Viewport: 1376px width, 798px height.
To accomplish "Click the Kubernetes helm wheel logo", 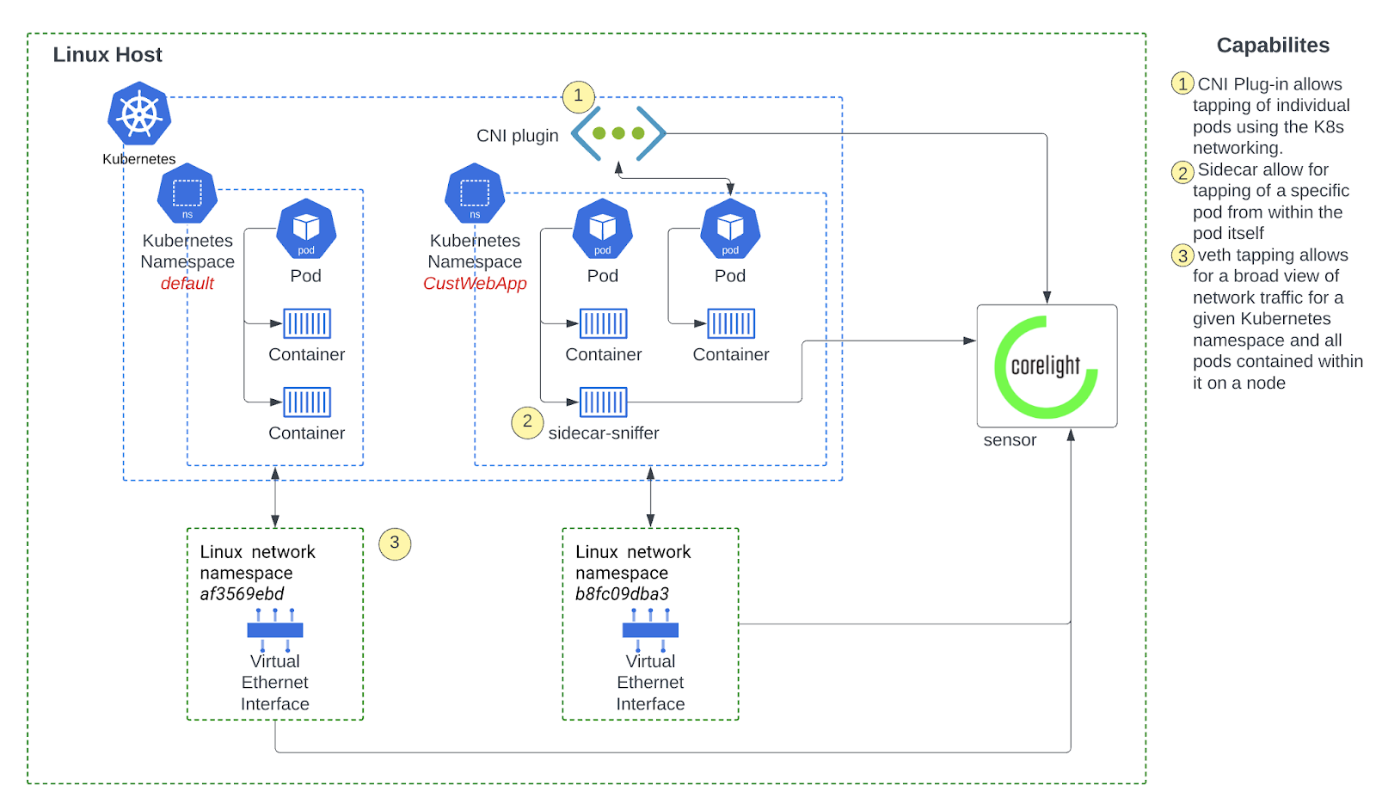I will click(139, 114).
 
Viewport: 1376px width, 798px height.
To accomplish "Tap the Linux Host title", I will click(107, 55).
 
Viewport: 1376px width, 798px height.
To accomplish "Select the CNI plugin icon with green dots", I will click(618, 133).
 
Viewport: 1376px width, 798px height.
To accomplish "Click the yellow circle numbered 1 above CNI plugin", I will click(578, 95).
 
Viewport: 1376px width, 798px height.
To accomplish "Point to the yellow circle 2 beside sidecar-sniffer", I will click(527, 421).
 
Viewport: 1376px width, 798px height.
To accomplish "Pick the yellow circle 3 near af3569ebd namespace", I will click(395, 543).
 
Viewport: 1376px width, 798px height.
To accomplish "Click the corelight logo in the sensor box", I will click(1047, 366).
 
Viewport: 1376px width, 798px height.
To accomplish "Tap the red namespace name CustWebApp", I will click(475, 284).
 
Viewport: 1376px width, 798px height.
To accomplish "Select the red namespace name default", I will click(187, 284).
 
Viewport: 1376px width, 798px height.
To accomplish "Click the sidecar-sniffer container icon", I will click(603, 402).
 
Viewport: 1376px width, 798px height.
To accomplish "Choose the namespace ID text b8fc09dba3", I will click(622, 594).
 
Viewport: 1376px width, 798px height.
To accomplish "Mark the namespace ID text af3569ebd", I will click(242, 594).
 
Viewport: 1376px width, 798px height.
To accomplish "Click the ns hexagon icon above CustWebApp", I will click(475, 194).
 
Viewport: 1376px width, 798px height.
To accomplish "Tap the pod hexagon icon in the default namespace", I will click(306, 229).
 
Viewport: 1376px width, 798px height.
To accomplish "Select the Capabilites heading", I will click(1273, 46).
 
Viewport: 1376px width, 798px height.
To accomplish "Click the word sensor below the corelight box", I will click(1010, 440).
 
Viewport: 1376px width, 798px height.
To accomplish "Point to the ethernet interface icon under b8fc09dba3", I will click(650, 630).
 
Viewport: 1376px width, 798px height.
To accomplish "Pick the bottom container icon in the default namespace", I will click(307, 402).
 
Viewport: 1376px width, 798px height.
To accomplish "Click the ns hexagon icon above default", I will click(187, 194).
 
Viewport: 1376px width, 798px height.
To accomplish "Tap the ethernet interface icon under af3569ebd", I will click(275, 630).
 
